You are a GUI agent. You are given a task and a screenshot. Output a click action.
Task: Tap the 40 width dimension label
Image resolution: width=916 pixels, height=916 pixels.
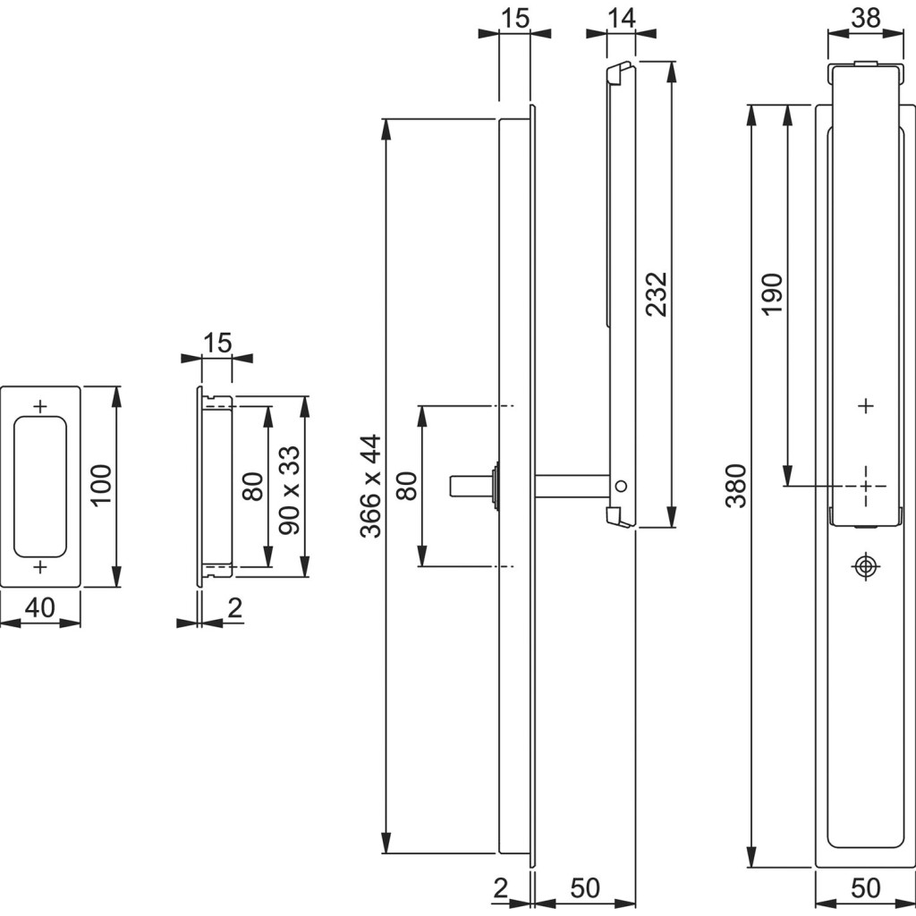39,607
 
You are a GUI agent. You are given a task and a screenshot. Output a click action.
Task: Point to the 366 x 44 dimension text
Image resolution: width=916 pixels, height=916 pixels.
369,486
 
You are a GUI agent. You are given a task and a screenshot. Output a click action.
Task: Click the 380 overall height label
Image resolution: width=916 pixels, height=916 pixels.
735,486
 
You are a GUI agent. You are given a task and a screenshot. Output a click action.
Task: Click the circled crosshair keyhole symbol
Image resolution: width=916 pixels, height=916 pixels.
865,566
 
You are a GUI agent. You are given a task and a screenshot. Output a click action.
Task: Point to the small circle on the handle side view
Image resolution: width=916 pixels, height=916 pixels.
621,486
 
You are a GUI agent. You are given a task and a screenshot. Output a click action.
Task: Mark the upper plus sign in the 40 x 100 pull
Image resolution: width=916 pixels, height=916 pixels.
39,406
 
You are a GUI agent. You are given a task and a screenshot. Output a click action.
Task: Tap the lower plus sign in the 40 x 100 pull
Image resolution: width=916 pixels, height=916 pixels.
39,567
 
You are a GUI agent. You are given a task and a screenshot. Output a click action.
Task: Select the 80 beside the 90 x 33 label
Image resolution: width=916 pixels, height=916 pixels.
253,486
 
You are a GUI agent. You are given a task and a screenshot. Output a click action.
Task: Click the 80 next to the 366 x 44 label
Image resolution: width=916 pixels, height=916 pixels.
407,486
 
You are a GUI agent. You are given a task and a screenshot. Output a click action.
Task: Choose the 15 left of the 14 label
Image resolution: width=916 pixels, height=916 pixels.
514,17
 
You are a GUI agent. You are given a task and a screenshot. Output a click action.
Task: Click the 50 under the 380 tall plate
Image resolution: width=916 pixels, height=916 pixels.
865,888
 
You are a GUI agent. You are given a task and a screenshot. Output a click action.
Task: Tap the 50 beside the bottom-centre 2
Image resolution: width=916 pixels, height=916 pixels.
584,888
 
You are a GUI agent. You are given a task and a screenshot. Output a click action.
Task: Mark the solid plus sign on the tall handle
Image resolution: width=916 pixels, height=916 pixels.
865,406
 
